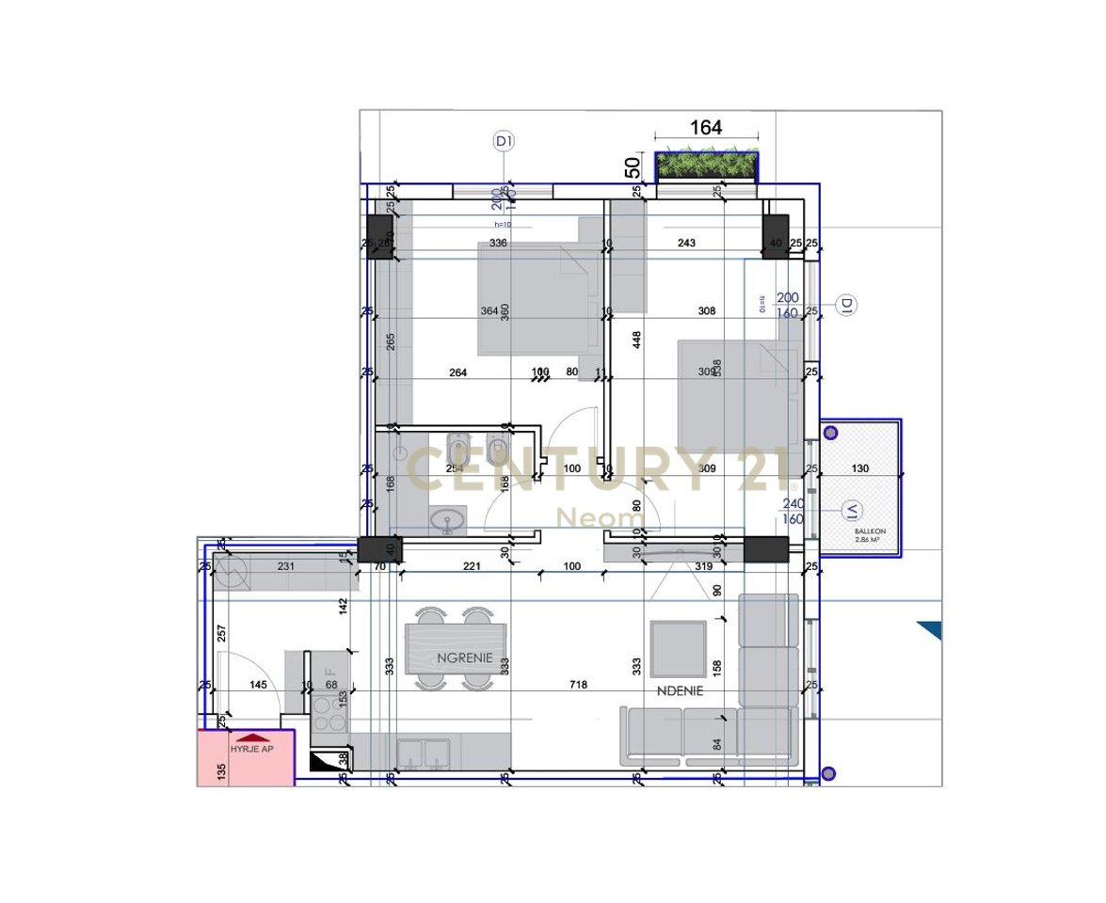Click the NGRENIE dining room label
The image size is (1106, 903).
(465, 658)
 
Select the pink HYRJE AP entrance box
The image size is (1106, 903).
(245, 758)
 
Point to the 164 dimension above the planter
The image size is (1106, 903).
(706, 128)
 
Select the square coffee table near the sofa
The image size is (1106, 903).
(679, 649)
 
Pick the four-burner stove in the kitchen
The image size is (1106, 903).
(329, 721)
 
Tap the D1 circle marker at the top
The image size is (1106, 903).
(504, 142)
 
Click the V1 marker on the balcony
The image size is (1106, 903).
(852, 511)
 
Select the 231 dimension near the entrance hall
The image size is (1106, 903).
(287, 566)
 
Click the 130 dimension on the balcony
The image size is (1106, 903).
(859, 468)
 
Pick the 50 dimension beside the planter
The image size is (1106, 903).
(633, 166)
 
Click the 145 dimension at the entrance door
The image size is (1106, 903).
(259, 686)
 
